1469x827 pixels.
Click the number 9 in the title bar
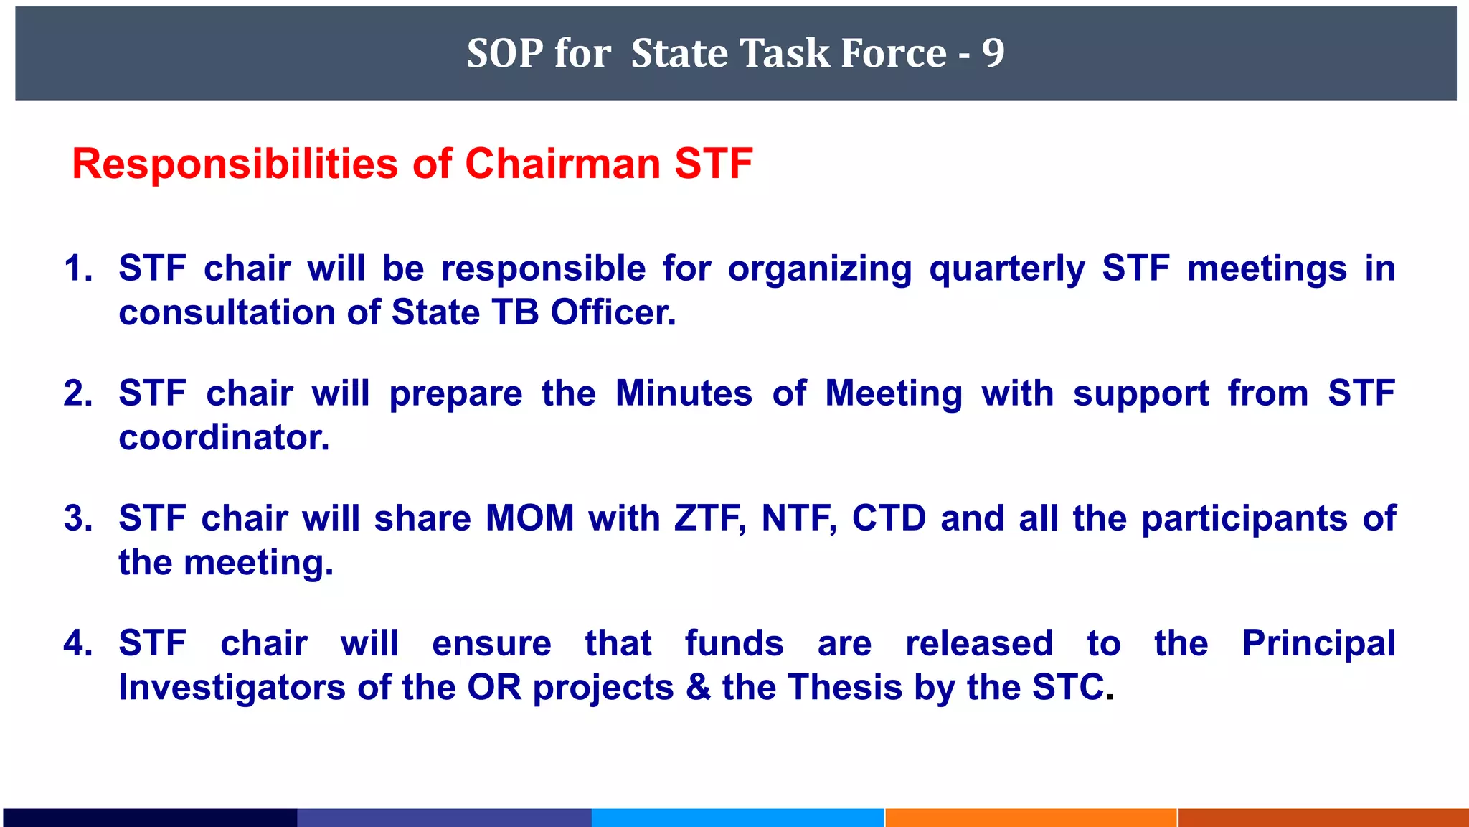pos(993,53)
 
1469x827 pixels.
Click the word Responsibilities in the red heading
pos(235,164)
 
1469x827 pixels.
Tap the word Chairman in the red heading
pos(563,164)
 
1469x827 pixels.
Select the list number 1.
pos(77,268)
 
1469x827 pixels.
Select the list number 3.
pos(77,518)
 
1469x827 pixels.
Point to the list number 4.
pos(77,643)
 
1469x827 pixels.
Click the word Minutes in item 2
pos(684,393)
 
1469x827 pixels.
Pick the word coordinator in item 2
pos(224,438)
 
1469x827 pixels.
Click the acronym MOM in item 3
pos(529,518)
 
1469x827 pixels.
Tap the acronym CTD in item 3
pos(889,518)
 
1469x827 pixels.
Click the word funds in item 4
pos(734,643)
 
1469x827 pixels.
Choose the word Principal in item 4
pos(1318,644)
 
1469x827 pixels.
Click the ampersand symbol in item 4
pos(698,688)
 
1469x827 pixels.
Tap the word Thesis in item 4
pos(846,688)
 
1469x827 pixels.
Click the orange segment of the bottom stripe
pos(1031,817)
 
